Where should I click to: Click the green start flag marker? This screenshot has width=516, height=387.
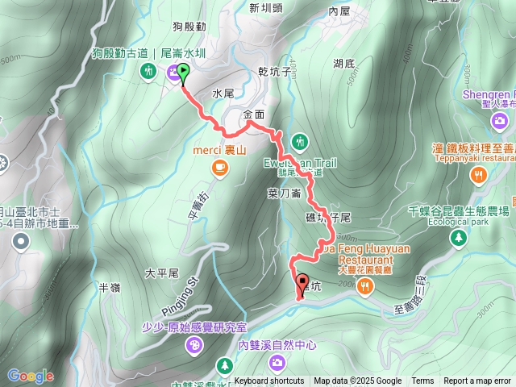click(183, 73)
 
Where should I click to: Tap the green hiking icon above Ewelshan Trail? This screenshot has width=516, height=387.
click(299, 142)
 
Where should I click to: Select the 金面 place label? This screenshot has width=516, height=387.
click(253, 114)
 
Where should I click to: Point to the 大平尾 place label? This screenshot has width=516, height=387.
click(160, 273)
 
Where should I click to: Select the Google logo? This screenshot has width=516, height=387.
click(30, 376)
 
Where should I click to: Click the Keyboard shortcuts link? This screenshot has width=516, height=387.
click(269, 381)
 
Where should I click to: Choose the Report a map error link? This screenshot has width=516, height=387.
click(476, 381)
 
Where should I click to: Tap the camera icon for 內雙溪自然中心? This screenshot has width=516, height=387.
click(277, 362)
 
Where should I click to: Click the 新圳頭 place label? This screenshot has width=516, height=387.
click(265, 8)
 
